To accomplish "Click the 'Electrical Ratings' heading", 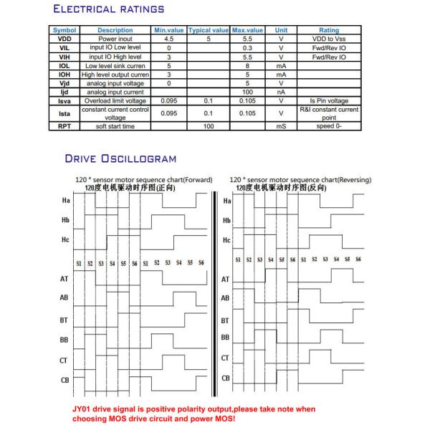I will point(108,10).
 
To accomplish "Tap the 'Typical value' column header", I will point(208,30).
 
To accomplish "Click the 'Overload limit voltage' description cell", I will point(115,102).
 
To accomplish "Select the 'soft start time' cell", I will point(115,126).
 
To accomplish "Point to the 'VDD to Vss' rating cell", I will point(329,39).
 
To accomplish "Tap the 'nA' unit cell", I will point(282,92).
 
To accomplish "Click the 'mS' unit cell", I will point(282,126).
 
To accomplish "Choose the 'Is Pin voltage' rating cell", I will point(329,102).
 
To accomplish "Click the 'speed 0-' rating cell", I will point(329,126).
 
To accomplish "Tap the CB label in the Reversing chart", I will point(225,378).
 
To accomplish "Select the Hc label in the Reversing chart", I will point(226,241).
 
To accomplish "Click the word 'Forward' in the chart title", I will point(199,179).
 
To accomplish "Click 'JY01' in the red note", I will point(84,409).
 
